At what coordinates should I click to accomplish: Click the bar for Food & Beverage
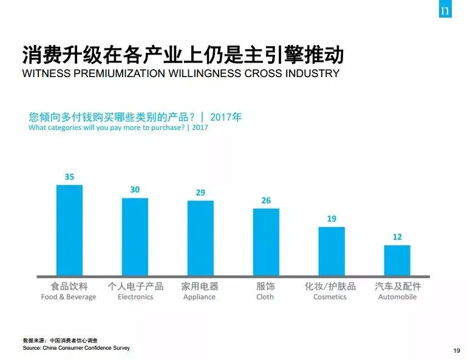69,230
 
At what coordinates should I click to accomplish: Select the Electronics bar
135,237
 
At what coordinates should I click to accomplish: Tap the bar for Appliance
200,238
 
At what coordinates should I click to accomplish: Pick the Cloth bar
266,242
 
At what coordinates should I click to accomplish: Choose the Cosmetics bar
332,251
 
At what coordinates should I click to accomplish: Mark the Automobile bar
397,260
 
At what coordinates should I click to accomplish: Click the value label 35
69,177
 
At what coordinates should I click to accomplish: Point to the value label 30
135,190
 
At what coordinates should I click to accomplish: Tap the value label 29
200,192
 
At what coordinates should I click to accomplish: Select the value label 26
266,200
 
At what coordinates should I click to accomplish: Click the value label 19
332,219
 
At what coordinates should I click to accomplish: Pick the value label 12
397,237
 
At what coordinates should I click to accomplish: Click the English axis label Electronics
135,297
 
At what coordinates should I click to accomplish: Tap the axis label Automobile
397,297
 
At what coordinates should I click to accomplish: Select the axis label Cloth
265,297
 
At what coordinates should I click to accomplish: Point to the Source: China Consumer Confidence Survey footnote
77,348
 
